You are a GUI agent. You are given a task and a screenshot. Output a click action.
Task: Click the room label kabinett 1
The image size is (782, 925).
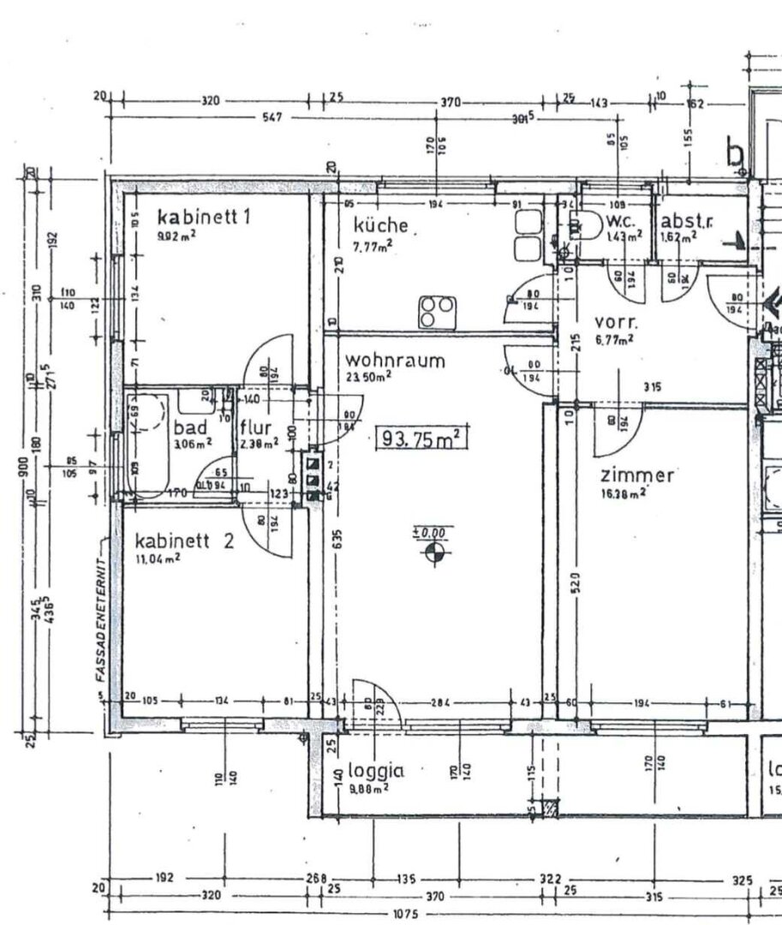(203, 218)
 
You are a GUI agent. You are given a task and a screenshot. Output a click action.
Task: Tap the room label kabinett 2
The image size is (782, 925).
(184, 540)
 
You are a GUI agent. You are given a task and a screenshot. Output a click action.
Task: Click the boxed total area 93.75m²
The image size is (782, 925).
(420, 439)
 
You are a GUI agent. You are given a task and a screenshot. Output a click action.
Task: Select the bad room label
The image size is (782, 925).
(189, 427)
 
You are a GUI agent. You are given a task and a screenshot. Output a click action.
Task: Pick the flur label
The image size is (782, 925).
(255, 427)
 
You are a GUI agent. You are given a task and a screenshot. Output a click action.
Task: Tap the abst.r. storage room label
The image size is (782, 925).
(686, 222)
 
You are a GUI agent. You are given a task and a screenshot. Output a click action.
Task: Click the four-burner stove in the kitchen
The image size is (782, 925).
(434, 311)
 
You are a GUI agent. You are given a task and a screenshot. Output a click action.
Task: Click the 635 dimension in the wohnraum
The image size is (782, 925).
(338, 540)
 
